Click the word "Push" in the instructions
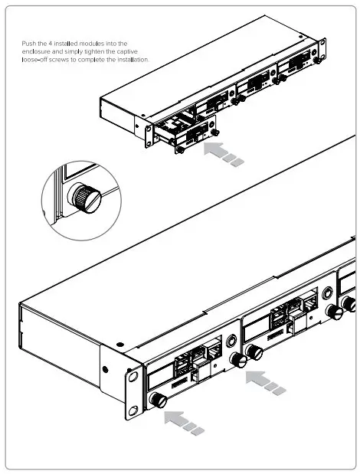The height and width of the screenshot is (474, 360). point(29,44)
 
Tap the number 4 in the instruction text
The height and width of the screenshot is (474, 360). point(51,44)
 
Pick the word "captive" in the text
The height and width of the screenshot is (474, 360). point(127,52)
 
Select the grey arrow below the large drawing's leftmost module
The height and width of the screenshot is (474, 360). point(184,423)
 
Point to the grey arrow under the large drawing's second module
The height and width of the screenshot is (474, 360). point(265,383)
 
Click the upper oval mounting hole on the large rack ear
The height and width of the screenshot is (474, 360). point(133,377)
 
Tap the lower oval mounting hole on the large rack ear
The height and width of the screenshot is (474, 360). point(133,410)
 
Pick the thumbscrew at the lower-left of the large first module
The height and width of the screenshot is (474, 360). point(159,400)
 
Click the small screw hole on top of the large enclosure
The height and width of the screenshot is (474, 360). point(120,345)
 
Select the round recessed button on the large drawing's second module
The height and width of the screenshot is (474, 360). point(327,293)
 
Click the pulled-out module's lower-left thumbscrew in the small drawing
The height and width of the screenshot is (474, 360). point(180,149)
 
